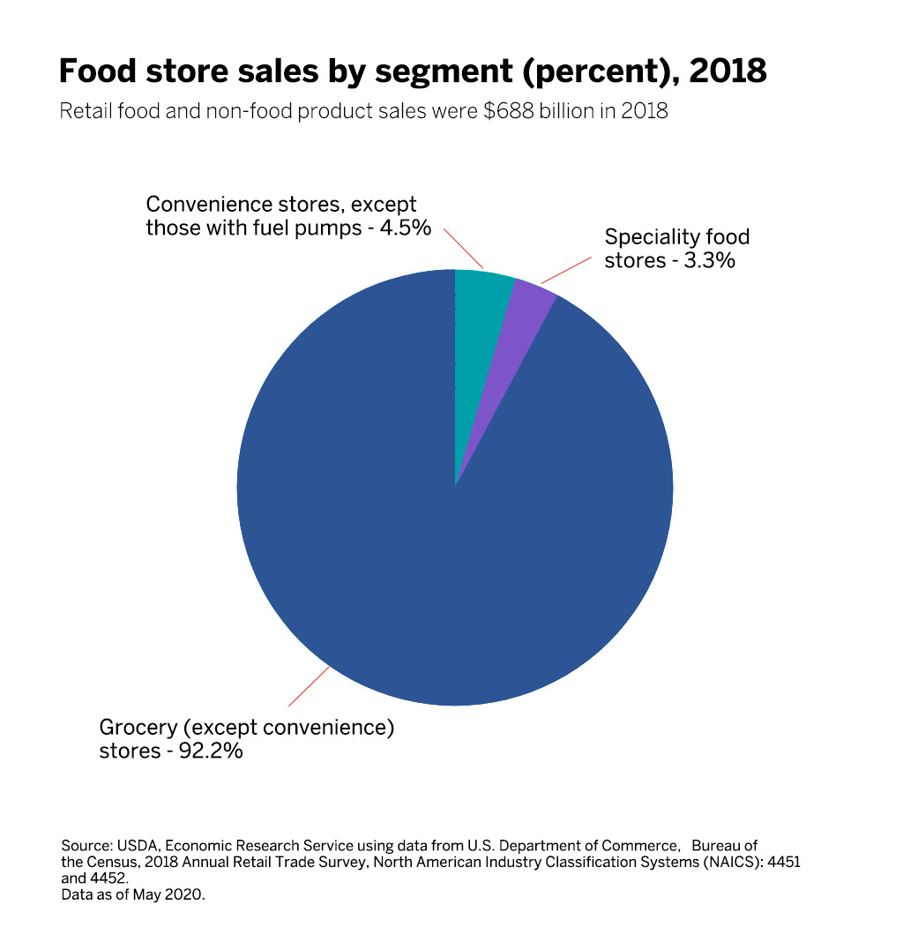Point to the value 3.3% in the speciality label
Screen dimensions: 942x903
click(x=707, y=261)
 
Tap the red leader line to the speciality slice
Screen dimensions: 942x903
click(x=564, y=271)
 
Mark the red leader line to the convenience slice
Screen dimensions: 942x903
click(x=464, y=249)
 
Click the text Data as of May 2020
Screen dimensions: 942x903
click(x=132, y=894)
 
